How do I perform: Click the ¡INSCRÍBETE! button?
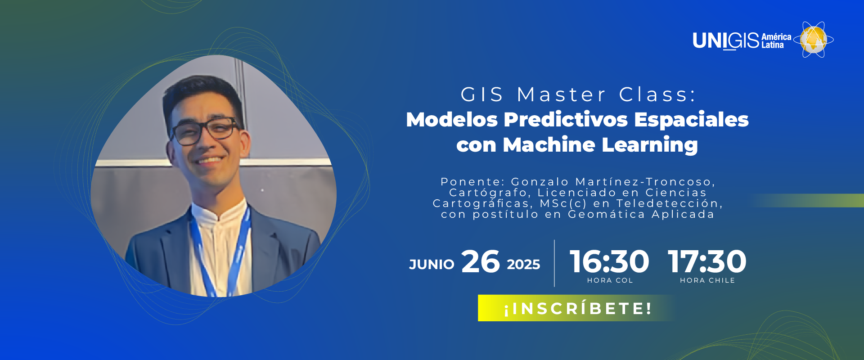[x=576, y=308]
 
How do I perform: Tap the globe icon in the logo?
[x=814, y=40]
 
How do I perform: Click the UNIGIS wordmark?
[x=726, y=40]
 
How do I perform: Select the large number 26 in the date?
[x=481, y=261]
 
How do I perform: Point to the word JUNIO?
[x=432, y=264]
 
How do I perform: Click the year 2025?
[x=523, y=264]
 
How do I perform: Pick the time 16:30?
[x=609, y=261]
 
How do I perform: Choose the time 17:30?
[x=707, y=261]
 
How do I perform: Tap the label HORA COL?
[x=610, y=280]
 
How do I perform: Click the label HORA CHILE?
[x=707, y=280]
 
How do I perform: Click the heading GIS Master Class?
[x=578, y=94]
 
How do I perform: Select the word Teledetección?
[x=669, y=203]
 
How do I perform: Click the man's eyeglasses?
[x=205, y=130]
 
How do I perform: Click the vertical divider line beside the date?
[x=554, y=263]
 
